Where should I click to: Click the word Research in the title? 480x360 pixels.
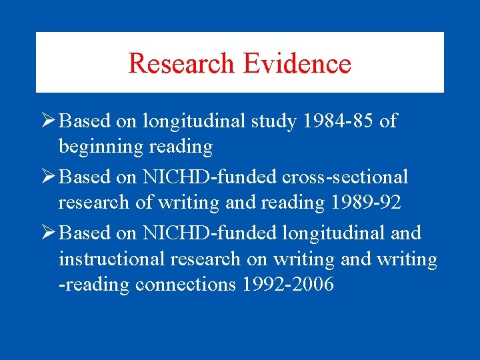182,63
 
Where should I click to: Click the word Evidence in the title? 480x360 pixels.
297,63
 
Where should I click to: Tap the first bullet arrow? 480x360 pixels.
47,121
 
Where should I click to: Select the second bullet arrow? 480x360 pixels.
47,177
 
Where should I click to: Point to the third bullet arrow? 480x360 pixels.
47,233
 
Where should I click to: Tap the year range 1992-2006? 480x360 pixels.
288,285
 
